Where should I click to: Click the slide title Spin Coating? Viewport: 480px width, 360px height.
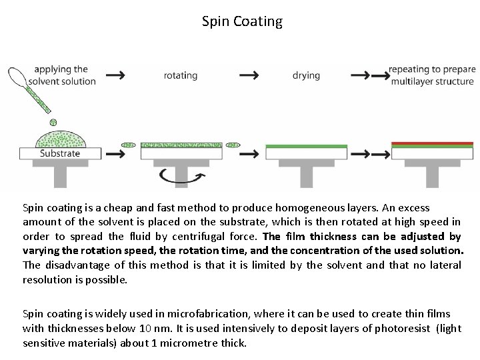point(242,21)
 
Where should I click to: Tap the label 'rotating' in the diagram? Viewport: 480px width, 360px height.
point(181,75)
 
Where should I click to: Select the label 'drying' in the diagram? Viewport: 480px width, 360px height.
point(306,75)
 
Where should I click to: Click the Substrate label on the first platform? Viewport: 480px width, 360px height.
point(60,153)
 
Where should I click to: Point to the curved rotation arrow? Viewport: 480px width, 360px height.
point(181,177)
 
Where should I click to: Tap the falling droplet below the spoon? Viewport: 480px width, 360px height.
point(53,122)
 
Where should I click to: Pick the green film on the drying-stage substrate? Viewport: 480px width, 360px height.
point(306,146)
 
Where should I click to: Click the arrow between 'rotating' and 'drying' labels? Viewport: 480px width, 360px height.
point(249,75)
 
